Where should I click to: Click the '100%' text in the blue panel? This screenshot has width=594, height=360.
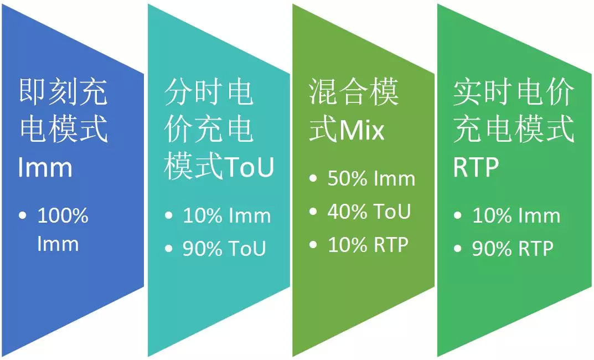63,215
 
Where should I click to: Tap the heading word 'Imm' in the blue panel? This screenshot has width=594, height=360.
45,167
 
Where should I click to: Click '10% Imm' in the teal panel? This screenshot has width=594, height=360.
226,215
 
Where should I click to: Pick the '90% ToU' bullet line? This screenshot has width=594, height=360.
224,249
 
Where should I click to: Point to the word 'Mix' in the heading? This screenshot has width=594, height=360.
362,130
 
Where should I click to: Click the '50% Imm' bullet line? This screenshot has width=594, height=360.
371,178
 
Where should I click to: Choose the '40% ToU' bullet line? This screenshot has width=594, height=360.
369,212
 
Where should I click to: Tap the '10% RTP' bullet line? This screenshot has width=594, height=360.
368,245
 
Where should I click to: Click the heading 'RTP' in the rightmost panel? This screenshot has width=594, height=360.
476,167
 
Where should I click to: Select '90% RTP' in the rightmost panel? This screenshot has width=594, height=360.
513,249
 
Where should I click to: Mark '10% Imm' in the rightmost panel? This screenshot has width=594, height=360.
516,215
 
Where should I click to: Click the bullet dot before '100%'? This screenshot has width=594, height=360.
23,215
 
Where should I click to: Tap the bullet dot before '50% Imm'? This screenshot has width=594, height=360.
313,178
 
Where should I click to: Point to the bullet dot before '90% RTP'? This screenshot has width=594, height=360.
458,249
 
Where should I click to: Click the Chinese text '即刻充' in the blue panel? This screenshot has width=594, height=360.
63,92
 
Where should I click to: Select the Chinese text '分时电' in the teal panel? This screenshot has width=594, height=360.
209,92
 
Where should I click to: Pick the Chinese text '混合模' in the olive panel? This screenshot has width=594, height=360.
354,92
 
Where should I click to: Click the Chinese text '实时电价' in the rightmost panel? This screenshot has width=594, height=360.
514,92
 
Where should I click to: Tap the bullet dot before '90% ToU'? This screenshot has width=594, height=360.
169,249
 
